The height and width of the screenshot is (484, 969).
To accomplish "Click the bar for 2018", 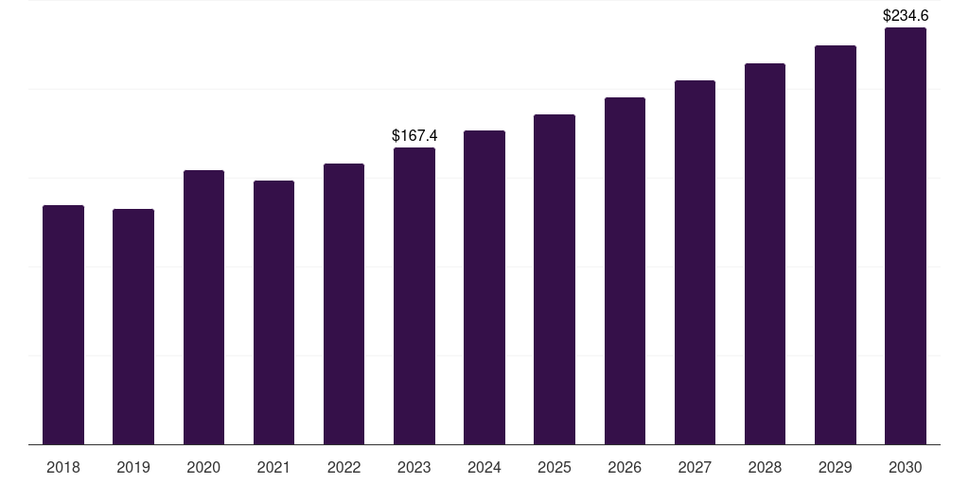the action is click(63, 325).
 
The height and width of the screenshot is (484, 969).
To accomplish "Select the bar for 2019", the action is click(133, 326).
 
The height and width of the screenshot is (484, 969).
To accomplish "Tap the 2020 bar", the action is click(203, 307).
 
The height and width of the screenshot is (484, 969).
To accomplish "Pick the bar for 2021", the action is click(273, 312).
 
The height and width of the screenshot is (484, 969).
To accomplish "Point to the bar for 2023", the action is click(414, 296).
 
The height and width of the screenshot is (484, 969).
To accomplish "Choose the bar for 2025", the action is click(555, 279).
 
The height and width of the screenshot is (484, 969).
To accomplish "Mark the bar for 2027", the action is click(695, 263).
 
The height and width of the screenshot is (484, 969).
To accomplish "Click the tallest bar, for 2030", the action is click(906, 235).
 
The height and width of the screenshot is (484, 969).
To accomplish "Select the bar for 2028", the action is click(765, 253).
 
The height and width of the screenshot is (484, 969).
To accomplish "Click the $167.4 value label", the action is click(414, 135).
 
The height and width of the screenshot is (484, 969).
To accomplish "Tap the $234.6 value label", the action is click(906, 15).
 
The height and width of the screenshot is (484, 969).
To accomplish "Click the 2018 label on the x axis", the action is click(63, 467).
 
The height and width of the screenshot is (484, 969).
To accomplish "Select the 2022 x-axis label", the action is click(344, 467).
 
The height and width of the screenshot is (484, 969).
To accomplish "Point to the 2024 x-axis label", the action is click(484, 467).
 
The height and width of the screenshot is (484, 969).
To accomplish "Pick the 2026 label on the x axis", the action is click(625, 467).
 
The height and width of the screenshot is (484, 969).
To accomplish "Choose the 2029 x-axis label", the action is click(835, 467).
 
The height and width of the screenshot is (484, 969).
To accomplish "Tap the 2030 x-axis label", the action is click(906, 467).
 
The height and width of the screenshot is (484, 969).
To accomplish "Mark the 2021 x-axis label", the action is click(273, 467).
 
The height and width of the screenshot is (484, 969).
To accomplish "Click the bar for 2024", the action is click(484, 287).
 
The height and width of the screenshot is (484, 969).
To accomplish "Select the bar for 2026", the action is click(625, 271).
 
